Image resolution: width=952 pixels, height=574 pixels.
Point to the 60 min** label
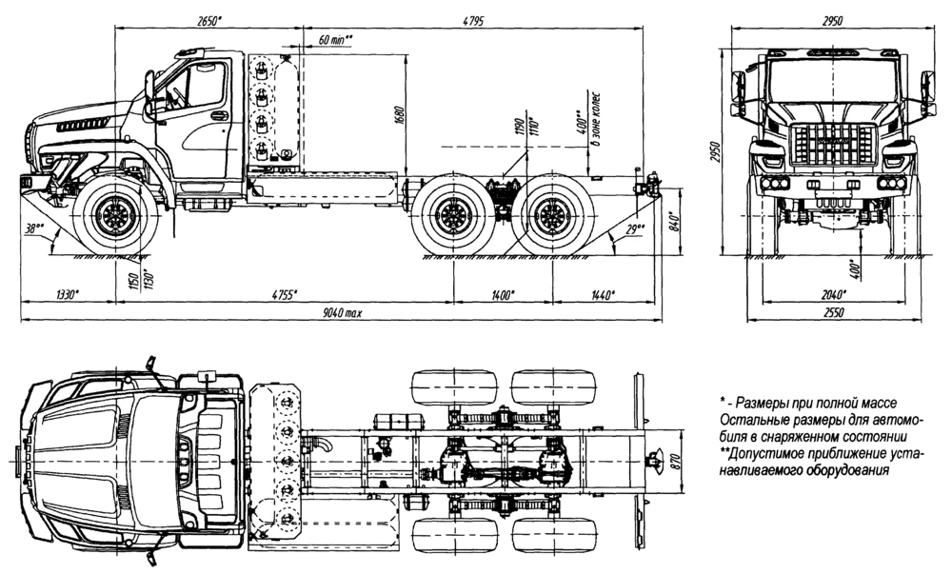[336, 39]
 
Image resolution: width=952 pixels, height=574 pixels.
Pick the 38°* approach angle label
[36, 228]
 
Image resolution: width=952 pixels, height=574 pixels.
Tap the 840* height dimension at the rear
[677, 223]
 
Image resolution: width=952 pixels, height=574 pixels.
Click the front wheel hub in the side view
[117, 218]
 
